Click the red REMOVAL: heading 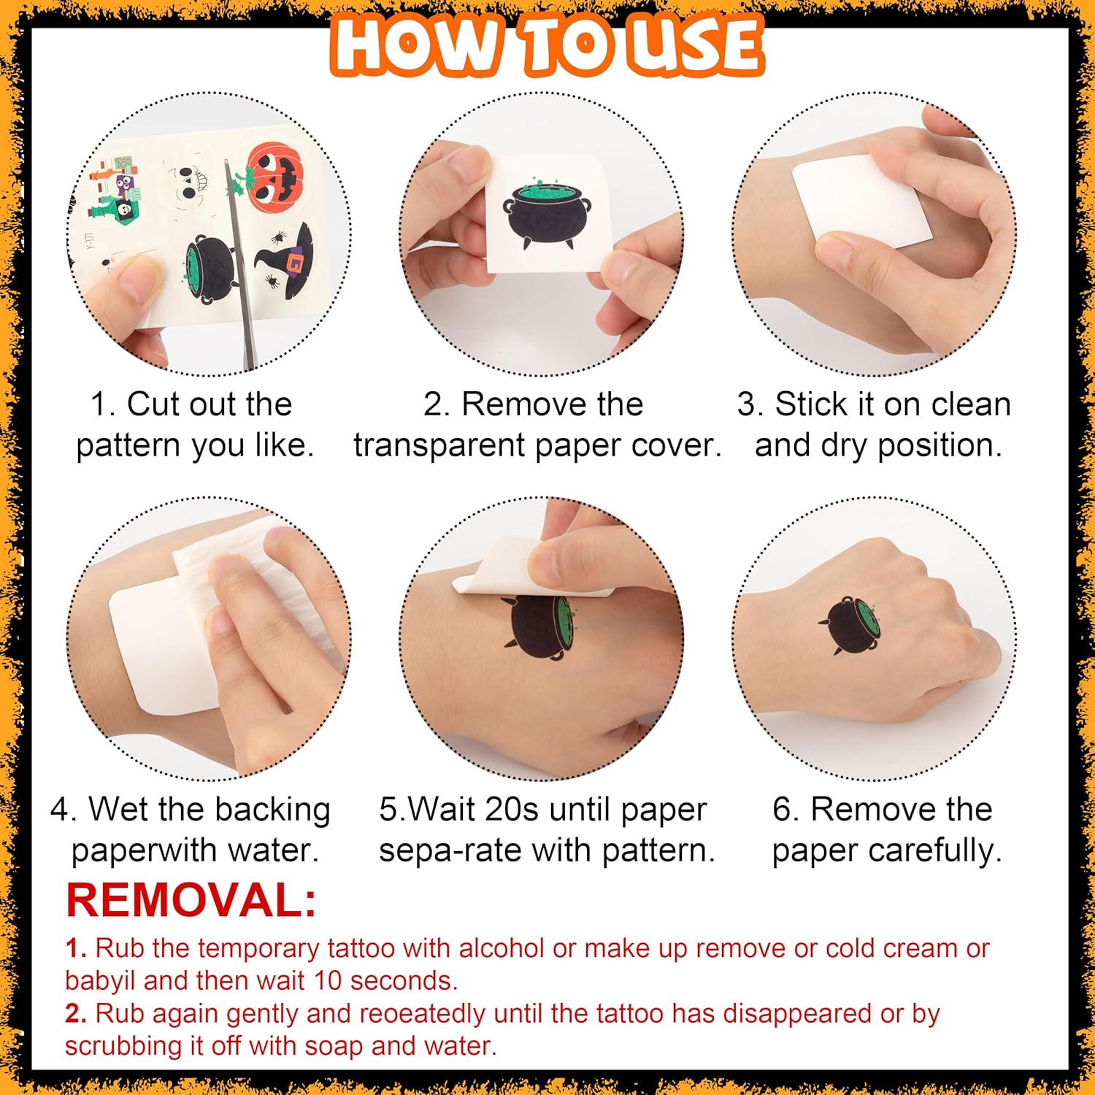point(191,900)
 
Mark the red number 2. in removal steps point(76,1013)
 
